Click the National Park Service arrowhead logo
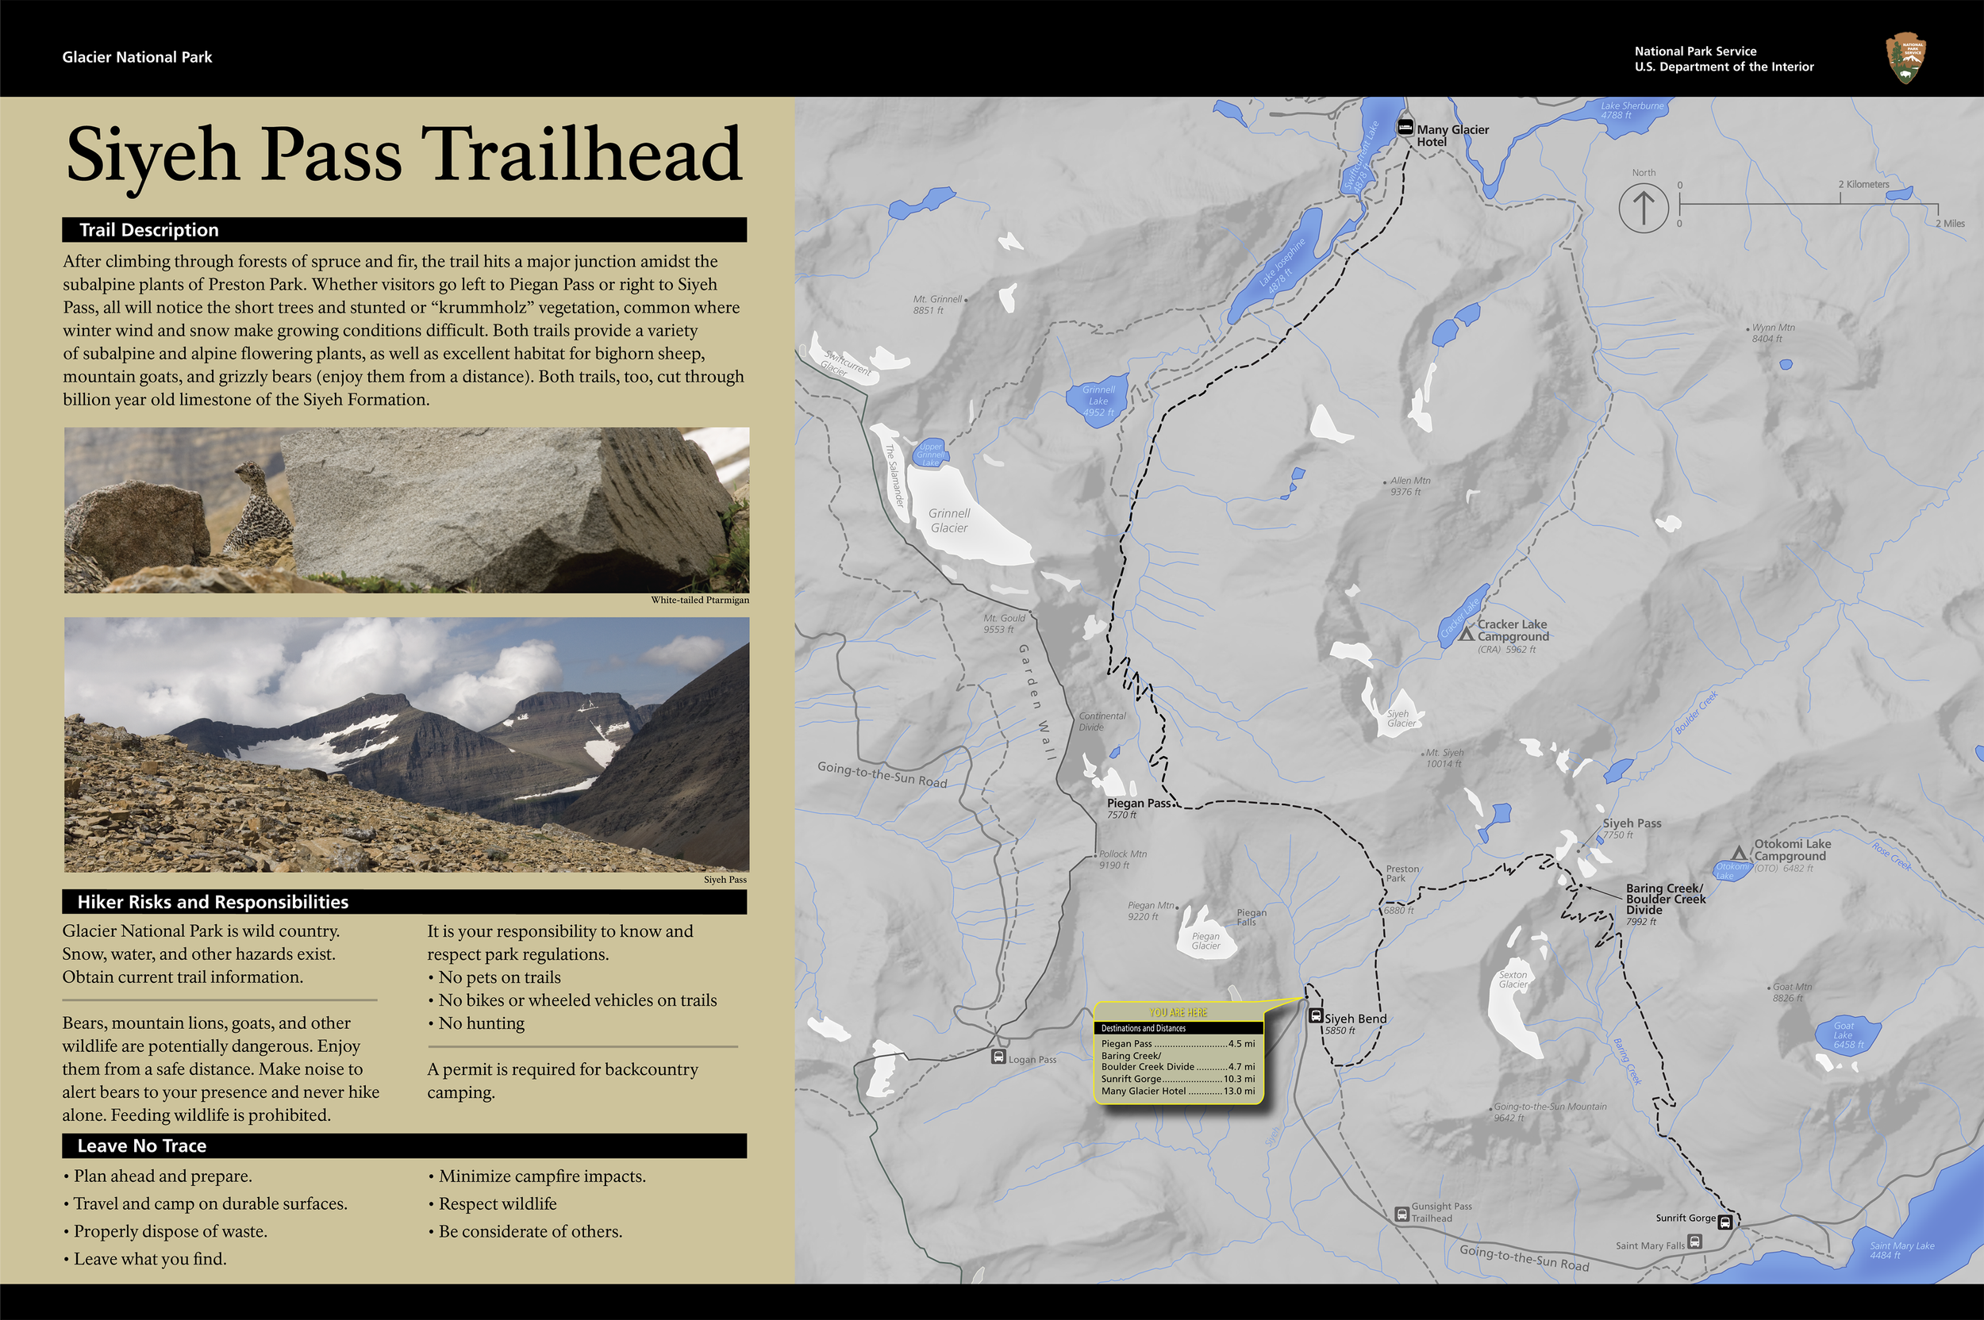click(x=1905, y=58)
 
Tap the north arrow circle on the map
click(x=1643, y=207)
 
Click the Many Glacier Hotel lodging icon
click(x=1405, y=128)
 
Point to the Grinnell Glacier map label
click(x=949, y=520)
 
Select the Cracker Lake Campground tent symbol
click(x=1466, y=632)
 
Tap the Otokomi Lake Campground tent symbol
click(x=1739, y=854)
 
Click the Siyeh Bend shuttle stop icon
click(x=1315, y=1016)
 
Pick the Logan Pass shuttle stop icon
click(x=998, y=1057)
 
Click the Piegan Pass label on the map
click(x=1139, y=803)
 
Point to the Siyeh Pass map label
click(x=1631, y=823)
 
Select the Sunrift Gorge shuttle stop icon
click(x=1724, y=1222)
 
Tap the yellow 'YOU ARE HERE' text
click(x=1178, y=1013)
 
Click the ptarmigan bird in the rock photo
click(x=260, y=510)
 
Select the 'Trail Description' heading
click(x=149, y=230)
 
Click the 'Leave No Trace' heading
click(x=141, y=1145)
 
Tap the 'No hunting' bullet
click(x=481, y=1023)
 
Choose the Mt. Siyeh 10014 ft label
click(x=1444, y=758)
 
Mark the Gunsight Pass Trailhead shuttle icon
click(x=1402, y=1214)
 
